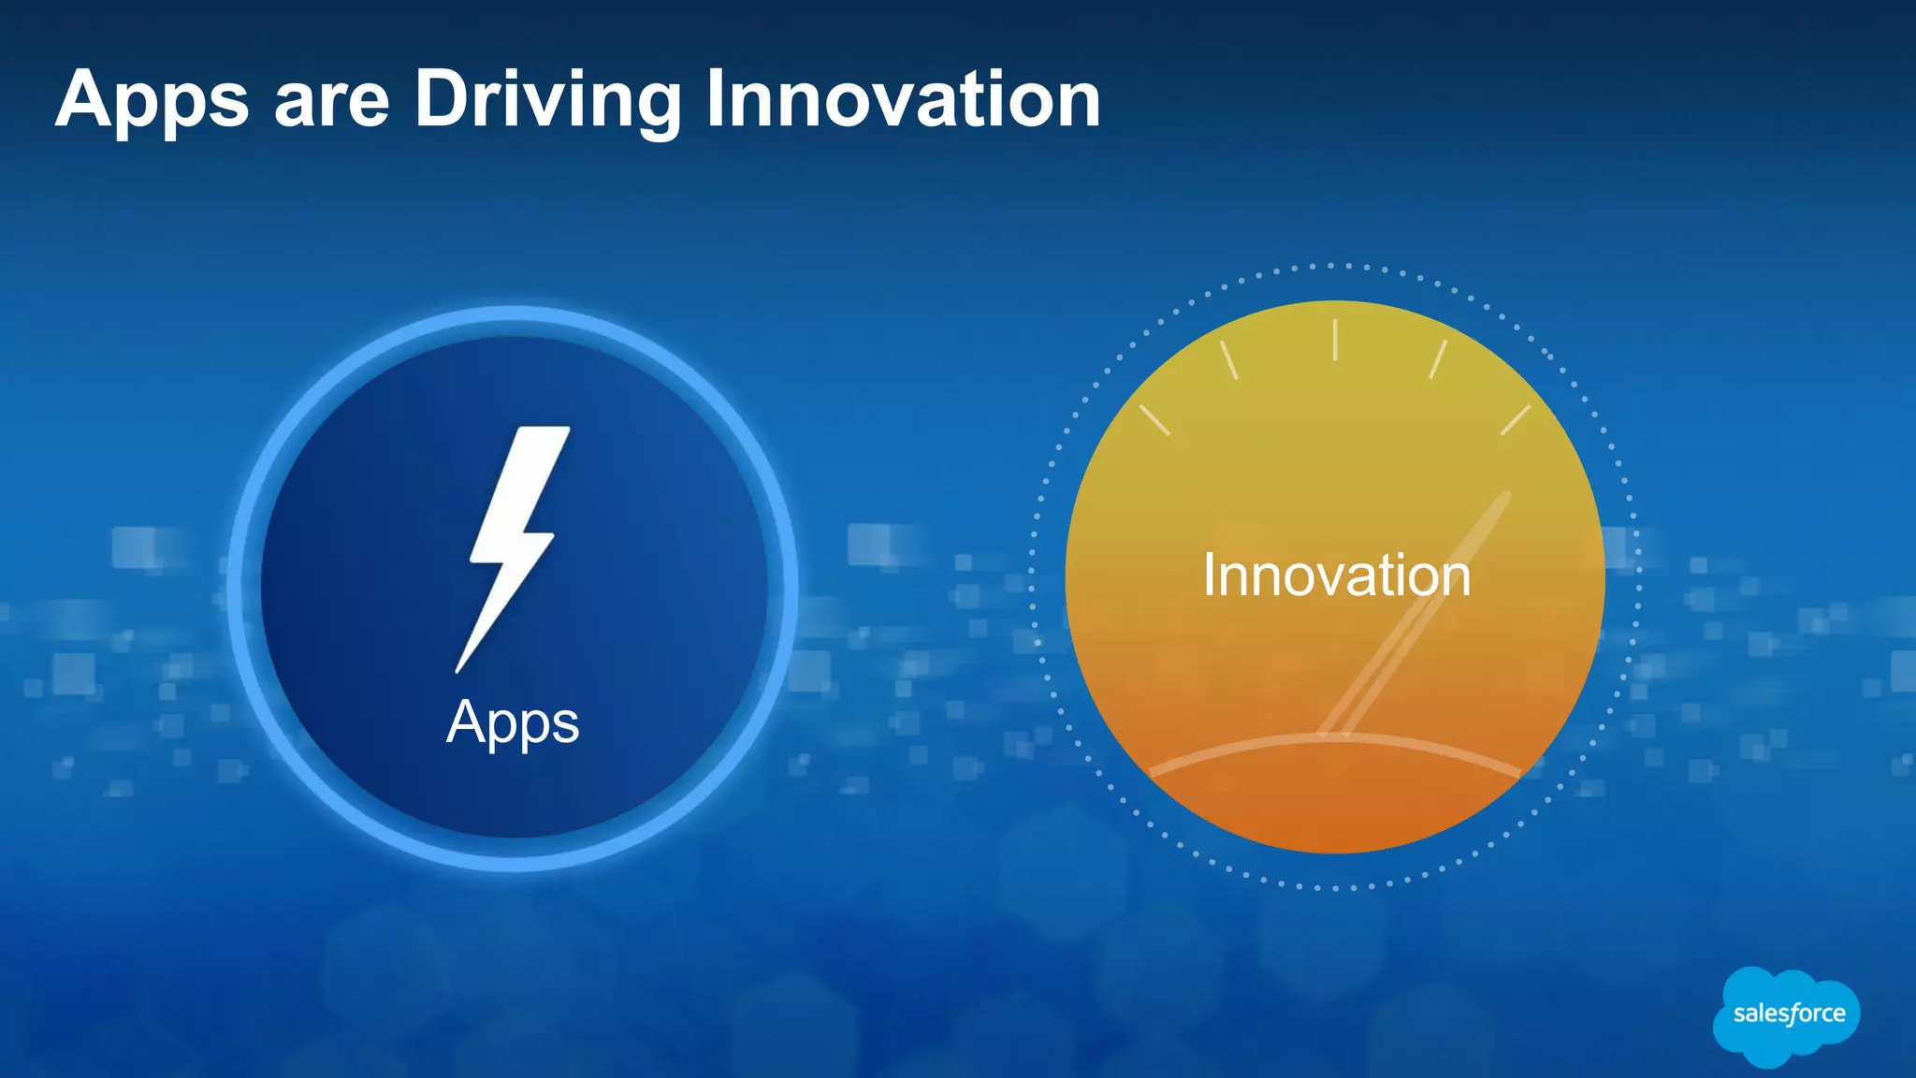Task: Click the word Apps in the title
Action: pos(152,101)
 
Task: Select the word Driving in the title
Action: pos(547,101)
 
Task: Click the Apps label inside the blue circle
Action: pos(513,722)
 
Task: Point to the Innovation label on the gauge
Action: pos(1336,575)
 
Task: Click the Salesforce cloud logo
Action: pos(1787,1015)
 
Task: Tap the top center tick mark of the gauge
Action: pos(1335,340)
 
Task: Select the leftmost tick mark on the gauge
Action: pos(1154,420)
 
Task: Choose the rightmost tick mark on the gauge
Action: pos(1516,420)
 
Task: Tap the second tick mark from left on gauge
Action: pos(1228,360)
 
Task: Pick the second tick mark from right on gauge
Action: pos(1438,360)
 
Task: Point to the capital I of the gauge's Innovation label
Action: pos(1209,575)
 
